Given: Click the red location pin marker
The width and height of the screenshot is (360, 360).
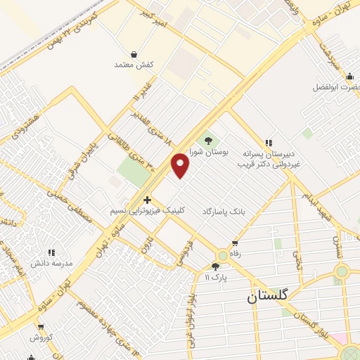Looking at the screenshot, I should [x=181, y=165].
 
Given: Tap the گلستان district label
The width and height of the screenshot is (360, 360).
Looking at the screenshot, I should [x=268, y=297].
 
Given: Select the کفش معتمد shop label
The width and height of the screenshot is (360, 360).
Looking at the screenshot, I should [x=134, y=65].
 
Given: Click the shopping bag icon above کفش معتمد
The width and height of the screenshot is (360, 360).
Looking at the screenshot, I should [x=134, y=54].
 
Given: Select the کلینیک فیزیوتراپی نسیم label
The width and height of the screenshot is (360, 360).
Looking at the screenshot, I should [x=148, y=210].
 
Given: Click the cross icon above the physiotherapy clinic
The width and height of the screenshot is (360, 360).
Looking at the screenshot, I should [x=147, y=200].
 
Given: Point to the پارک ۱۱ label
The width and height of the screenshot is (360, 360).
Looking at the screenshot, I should [x=215, y=276].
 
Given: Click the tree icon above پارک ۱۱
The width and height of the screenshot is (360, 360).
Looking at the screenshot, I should [x=215, y=266].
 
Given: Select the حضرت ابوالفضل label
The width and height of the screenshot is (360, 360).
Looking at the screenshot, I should [x=337, y=88].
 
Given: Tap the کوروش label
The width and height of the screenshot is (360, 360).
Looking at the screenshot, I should [x=41, y=337].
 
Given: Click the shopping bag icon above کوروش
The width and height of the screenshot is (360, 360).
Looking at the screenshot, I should [x=41, y=328].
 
